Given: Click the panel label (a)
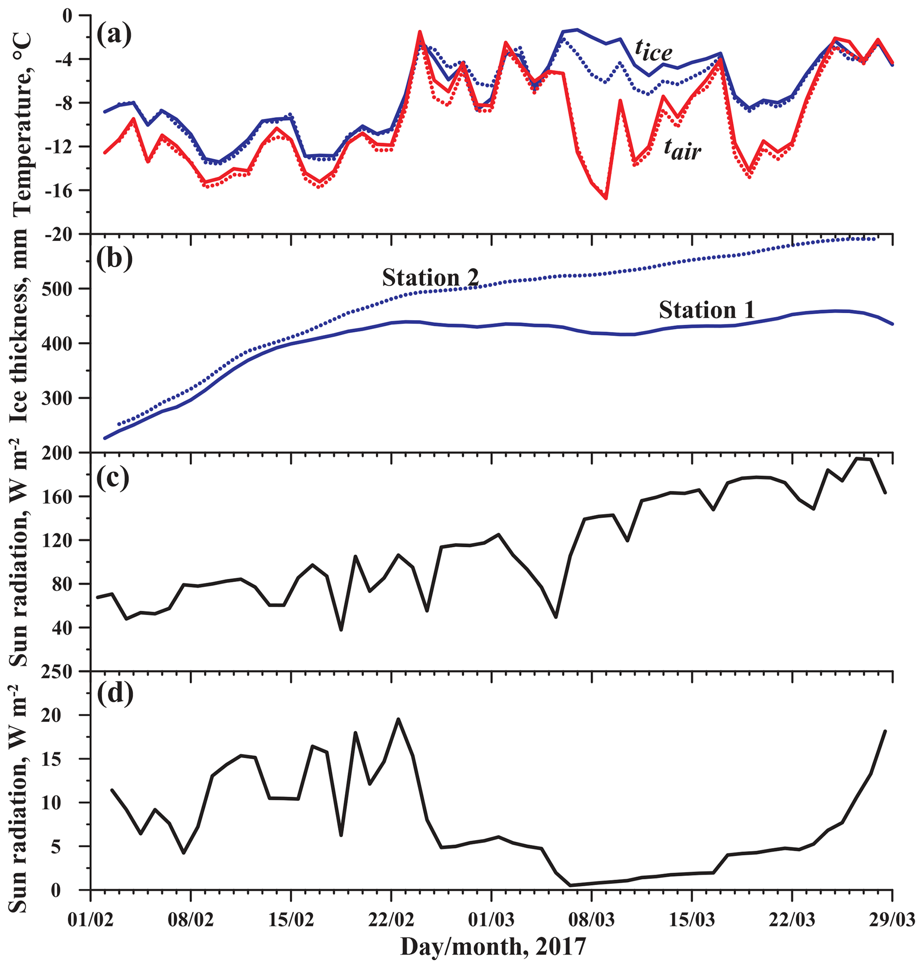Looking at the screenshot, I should coord(114,35).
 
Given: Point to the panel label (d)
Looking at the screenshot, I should coord(114,693).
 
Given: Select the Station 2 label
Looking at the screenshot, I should coord(430,278).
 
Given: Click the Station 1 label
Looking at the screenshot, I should coord(706,310).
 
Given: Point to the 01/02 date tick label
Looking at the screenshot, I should coord(91,919).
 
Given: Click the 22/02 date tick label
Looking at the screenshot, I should coord(391,919).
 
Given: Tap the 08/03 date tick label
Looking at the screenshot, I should coord(592,919).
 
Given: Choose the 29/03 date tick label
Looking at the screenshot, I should coord(892,919).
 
